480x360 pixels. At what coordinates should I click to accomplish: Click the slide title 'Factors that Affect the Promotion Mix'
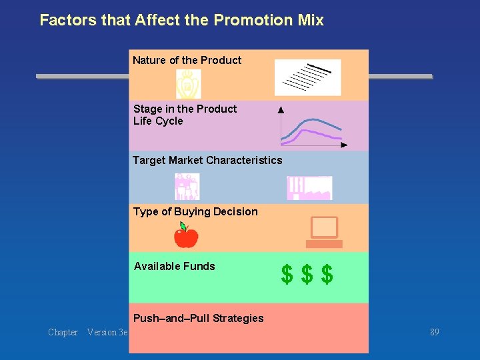point(181,20)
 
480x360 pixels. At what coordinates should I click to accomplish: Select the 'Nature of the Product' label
point(187,60)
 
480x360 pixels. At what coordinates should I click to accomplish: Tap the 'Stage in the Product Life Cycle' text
point(185,115)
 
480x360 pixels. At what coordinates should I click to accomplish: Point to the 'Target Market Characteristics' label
point(207,160)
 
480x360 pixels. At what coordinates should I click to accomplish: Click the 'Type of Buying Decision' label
point(195,211)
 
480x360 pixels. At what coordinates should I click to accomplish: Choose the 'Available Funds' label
point(175,266)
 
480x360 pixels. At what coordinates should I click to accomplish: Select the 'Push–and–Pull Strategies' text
point(199,318)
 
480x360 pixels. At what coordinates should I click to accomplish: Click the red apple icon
point(186,236)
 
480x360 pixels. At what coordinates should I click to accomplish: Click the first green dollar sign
point(287,274)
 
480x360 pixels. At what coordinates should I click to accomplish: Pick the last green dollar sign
point(327,274)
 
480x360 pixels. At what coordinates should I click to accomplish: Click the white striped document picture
point(308,77)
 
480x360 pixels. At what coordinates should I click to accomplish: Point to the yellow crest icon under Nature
point(188,85)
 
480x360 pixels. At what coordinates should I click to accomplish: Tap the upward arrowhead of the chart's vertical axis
point(281,109)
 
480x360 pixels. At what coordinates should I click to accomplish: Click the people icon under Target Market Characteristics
point(187,187)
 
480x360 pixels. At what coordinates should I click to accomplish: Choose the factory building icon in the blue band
point(309,188)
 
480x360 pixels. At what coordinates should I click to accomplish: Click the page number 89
point(435,332)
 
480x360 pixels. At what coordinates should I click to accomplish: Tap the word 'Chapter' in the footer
point(63,332)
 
